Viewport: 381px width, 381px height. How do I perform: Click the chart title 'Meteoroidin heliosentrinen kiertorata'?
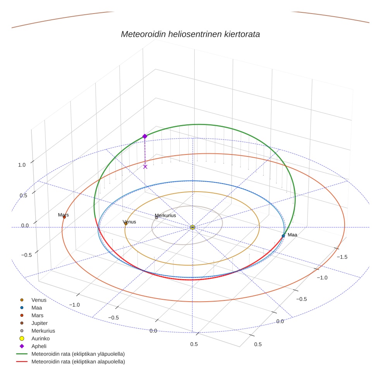click(x=190, y=34)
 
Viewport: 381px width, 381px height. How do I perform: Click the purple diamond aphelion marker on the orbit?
click(x=145, y=136)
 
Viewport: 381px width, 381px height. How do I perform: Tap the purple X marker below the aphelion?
click(x=145, y=167)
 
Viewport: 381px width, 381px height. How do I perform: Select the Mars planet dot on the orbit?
click(x=64, y=217)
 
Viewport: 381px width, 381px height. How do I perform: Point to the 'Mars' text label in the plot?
click(x=63, y=215)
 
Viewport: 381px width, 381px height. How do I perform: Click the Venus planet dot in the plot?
click(x=126, y=223)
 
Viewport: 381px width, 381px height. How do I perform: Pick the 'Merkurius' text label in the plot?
click(x=165, y=215)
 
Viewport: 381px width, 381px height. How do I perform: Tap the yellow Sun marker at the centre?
click(x=192, y=227)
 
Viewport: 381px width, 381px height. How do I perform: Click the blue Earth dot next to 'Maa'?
click(x=283, y=236)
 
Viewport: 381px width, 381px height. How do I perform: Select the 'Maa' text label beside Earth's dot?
click(x=292, y=235)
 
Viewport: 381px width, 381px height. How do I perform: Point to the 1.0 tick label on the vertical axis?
click(x=22, y=165)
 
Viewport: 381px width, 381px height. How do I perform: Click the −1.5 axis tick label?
click(x=342, y=257)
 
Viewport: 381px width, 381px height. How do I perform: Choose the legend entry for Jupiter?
click(x=39, y=323)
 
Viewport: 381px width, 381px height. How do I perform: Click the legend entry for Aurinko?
click(x=40, y=338)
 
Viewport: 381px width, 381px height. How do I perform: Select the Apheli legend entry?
click(x=39, y=346)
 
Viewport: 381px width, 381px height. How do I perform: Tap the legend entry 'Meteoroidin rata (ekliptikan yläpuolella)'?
click(x=78, y=354)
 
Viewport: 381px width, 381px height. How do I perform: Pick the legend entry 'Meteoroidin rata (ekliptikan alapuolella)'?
click(x=78, y=362)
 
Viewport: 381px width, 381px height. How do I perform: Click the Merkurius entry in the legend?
click(x=43, y=331)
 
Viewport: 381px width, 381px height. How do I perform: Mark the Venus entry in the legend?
click(x=39, y=300)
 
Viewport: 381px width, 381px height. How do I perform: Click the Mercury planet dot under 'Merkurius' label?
click(x=156, y=218)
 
